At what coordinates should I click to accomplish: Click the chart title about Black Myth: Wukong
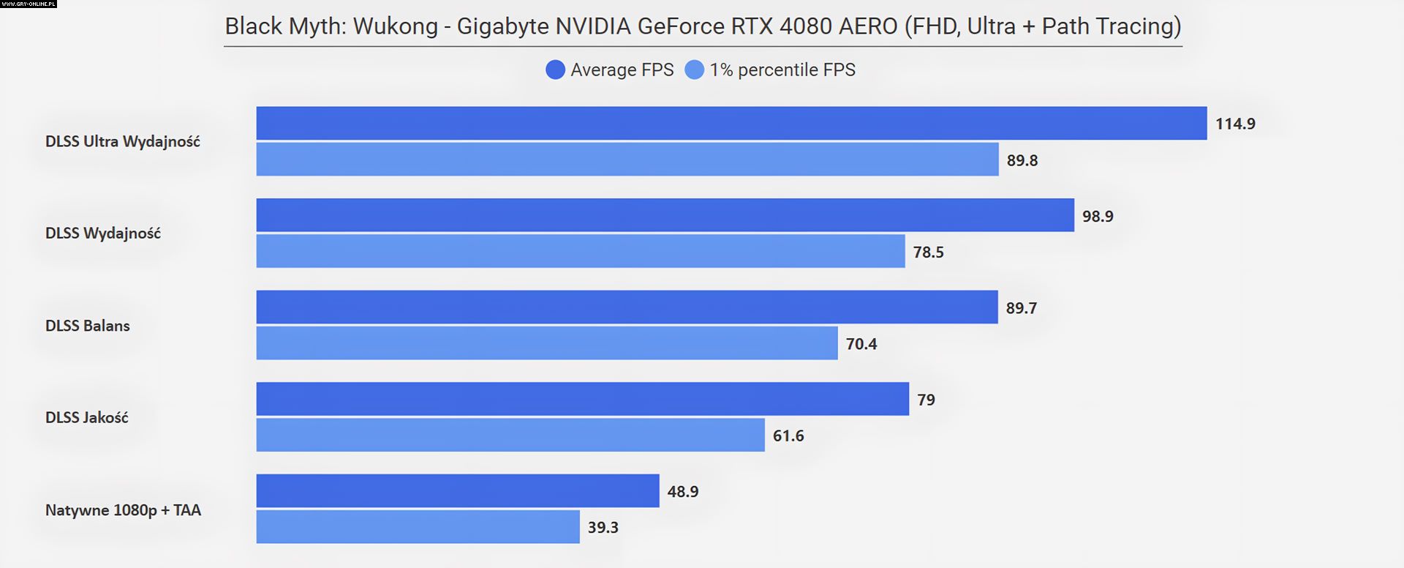pos(703,26)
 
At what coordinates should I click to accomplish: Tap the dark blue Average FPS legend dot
pos(555,70)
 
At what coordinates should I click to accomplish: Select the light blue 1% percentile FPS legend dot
pos(694,70)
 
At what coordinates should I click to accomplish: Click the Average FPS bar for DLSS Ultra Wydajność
pos(731,123)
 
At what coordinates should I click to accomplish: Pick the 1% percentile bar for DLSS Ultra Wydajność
pos(627,160)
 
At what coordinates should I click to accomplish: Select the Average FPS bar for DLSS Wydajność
pos(665,215)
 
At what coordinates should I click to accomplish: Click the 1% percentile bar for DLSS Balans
pos(547,343)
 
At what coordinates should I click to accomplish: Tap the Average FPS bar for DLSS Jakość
pos(582,399)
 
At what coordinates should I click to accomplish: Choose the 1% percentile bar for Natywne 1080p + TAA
pos(418,527)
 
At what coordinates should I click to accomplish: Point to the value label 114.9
pos(1235,124)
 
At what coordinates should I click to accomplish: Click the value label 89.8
pos(1022,160)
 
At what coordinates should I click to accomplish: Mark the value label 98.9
pos(1098,216)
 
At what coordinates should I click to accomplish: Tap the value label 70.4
pos(861,344)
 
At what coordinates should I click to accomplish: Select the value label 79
pos(926,400)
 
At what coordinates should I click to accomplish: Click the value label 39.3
pos(603,528)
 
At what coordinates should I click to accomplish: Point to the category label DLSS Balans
pos(88,326)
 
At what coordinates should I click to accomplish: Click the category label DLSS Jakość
pos(87,417)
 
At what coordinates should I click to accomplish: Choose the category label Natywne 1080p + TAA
pos(123,510)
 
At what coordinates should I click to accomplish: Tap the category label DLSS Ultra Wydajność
pos(123,141)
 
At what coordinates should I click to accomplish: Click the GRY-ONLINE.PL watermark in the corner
pos(29,4)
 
